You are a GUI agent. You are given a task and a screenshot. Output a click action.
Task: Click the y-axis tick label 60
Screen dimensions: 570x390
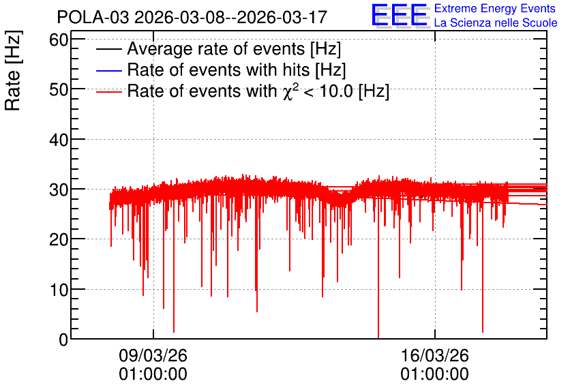click(59, 40)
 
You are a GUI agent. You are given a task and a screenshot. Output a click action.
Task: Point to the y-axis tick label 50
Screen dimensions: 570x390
click(59, 89)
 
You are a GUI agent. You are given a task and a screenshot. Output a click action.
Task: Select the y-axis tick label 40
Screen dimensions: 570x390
click(59, 139)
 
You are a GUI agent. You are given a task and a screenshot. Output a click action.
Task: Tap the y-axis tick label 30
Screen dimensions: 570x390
click(59, 190)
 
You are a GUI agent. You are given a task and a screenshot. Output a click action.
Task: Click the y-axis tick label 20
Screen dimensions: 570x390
click(59, 239)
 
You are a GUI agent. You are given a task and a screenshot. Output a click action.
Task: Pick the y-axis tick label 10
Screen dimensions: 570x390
click(59, 290)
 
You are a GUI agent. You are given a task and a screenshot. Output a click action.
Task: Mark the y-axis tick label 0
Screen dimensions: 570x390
click(63, 340)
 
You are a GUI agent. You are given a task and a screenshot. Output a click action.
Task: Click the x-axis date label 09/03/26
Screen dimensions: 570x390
click(153, 355)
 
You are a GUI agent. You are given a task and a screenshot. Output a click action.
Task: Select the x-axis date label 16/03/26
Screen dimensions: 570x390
click(435, 355)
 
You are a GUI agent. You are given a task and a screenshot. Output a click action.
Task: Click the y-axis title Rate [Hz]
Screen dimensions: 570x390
click(13, 70)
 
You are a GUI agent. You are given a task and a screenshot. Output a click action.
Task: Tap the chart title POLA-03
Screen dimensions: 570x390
click(93, 17)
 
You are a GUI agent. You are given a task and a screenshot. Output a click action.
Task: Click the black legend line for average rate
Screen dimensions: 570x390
click(108, 49)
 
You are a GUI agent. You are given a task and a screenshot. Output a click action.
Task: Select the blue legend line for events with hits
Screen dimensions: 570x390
click(108, 70)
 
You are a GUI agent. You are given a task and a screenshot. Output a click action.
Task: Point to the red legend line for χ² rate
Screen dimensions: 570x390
click(108, 92)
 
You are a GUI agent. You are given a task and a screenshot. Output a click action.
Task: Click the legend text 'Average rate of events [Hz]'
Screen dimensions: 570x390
click(234, 49)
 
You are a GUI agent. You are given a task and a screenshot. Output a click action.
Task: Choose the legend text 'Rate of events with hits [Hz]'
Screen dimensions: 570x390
click(237, 70)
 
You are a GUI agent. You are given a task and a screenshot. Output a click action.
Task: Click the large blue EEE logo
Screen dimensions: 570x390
click(400, 15)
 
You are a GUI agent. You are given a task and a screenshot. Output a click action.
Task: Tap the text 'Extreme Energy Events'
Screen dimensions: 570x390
click(495, 8)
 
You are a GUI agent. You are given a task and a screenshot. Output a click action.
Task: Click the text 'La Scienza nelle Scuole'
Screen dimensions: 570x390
click(496, 22)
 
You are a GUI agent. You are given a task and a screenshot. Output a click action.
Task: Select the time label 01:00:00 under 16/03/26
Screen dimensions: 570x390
click(435, 374)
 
